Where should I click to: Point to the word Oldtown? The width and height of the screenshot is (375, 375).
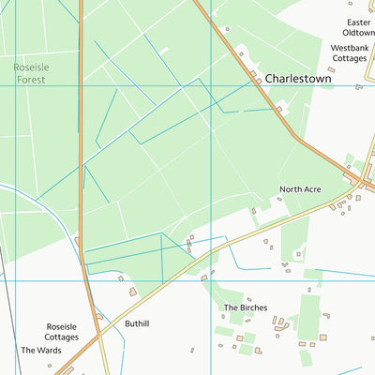pos(358,33)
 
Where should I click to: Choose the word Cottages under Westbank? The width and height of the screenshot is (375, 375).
pos(350,58)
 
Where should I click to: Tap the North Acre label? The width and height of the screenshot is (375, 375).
pos(300,189)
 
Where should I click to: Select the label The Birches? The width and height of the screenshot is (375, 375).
pos(245,307)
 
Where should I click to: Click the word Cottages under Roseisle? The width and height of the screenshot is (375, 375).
pos(62,337)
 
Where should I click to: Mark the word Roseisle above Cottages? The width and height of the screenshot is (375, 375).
pos(62,327)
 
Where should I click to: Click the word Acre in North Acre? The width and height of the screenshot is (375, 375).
pos(312,189)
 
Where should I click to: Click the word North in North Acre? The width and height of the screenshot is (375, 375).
pos(290,189)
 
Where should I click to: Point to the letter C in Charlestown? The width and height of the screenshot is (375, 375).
pos(269,80)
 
